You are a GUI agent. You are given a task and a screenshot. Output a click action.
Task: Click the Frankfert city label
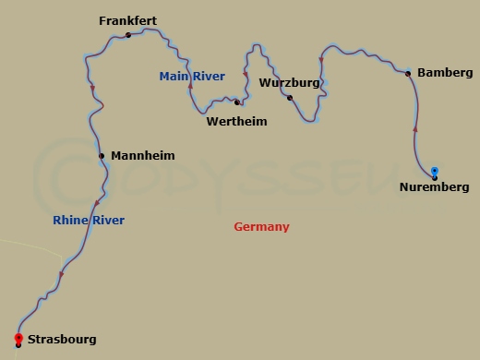tap(129, 20)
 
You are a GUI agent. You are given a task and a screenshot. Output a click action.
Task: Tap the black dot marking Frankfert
tap(128, 35)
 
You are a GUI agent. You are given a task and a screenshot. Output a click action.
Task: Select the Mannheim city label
tap(142, 156)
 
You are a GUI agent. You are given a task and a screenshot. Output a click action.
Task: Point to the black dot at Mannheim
tap(102, 156)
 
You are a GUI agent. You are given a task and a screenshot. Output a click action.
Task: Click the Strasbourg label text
tap(62, 340)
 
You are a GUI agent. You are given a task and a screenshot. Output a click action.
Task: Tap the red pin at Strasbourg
tap(18, 338)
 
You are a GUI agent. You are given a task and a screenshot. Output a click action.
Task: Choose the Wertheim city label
tap(236, 121)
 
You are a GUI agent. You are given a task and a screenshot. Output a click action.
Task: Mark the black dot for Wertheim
tap(237, 102)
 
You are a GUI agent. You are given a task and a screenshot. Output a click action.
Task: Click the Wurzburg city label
tap(290, 82)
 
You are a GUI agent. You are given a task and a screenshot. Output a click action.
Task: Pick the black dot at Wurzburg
tap(290, 97)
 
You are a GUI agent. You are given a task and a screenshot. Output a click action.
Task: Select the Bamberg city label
tap(445, 72)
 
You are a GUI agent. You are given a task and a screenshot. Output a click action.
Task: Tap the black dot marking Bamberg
tap(408, 73)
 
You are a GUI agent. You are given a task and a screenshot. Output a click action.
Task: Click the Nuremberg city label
tap(434, 187)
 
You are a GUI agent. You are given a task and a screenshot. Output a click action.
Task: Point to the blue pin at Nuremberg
tap(434, 171)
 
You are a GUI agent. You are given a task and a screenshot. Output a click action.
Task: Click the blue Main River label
tap(192, 77)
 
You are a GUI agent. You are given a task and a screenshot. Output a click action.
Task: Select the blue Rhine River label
tap(89, 221)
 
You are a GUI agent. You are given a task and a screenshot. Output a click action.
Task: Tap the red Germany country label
tap(261, 227)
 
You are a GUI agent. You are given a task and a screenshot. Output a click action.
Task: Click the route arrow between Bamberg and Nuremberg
tap(415, 129)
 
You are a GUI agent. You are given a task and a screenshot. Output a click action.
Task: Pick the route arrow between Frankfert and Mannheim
tap(92, 90)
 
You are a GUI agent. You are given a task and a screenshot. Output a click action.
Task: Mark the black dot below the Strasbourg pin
tap(18, 346)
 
